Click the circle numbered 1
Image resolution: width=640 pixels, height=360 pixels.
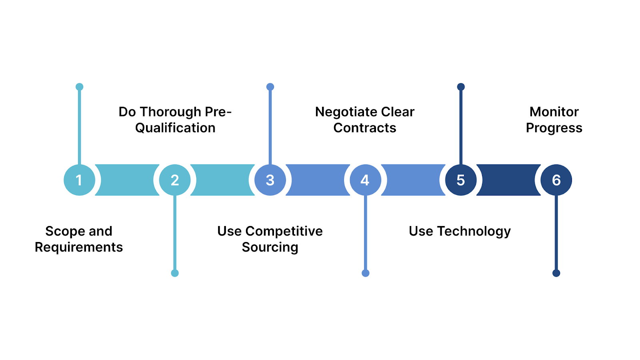pos(79,180)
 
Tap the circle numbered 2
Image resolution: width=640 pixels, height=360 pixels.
pos(175,180)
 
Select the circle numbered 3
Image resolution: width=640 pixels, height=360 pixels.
pos(270,180)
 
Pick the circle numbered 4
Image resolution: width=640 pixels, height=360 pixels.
pos(365,180)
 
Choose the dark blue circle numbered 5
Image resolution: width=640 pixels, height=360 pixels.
pos(461,180)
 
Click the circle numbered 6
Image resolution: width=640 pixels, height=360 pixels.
pos(556,180)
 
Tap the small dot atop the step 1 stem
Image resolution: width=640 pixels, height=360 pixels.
pos(79,87)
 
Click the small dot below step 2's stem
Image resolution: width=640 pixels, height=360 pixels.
pos(175,273)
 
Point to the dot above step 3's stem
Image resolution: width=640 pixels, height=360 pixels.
pos(270,87)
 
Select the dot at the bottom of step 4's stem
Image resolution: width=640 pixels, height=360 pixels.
pos(365,273)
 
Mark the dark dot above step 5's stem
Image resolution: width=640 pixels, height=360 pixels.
pos(461,87)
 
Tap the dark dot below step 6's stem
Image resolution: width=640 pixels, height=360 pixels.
pos(556,273)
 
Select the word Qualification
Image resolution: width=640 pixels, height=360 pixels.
pos(175,128)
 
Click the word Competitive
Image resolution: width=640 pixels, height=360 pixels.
pos(284,231)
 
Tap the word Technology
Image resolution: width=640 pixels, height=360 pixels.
pos(474,232)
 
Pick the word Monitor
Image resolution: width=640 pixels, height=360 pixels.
pos(554,112)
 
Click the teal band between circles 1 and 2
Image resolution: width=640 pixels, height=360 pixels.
pos(127,180)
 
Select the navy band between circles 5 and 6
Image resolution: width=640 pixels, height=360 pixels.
pos(508,180)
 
